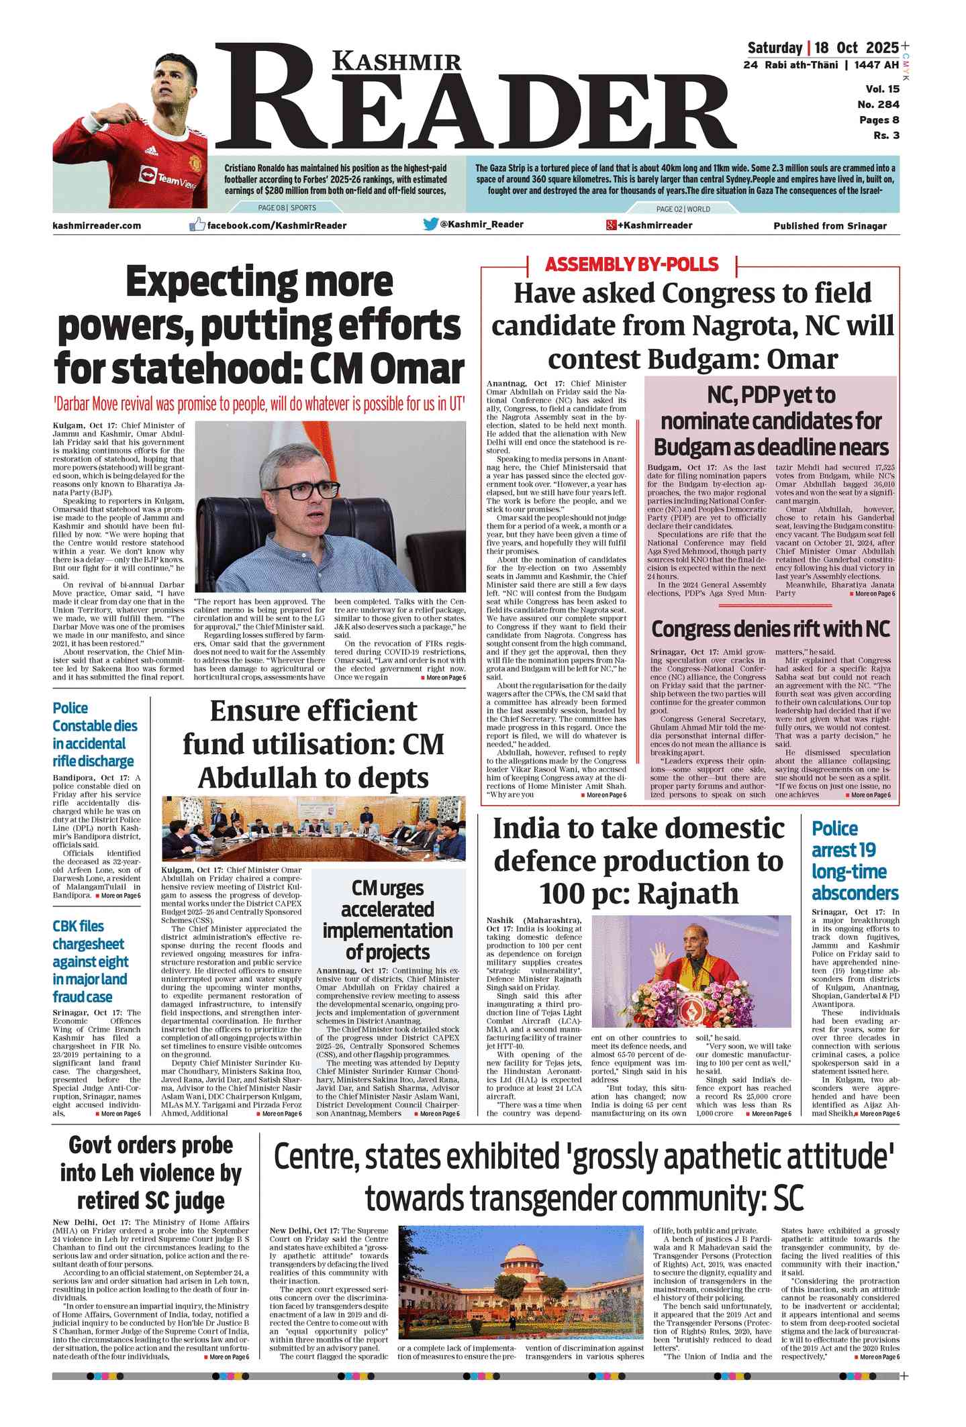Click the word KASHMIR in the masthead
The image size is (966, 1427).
(x=397, y=62)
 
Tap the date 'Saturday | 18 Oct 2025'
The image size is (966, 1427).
(x=822, y=48)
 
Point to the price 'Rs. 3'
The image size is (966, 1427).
(x=886, y=136)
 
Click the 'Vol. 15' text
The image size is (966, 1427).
(x=882, y=89)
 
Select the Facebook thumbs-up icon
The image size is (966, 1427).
(x=197, y=225)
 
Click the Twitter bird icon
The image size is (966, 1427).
(x=430, y=224)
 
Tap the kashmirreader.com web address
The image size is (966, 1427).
(x=97, y=225)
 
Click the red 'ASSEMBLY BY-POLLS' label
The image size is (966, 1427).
(x=632, y=264)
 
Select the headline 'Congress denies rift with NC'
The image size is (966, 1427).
(x=770, y=629)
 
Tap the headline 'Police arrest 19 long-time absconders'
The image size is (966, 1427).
(x=854, y=861)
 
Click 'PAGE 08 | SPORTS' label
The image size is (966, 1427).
(x=287, y=208)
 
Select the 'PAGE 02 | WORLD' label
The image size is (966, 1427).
(x=683, y=209)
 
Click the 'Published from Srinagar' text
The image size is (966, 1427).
(x=830, y=226)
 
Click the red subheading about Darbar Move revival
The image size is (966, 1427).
(x=259, y=405)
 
